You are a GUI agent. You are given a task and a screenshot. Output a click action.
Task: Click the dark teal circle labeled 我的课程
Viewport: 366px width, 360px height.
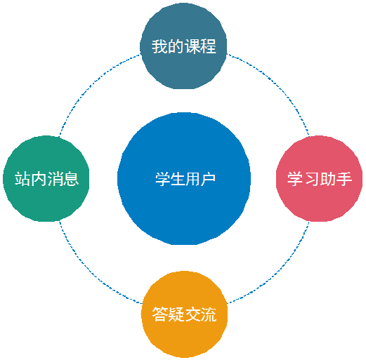pos(183,46)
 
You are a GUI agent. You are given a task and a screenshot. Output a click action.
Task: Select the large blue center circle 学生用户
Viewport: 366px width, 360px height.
pos(184,179)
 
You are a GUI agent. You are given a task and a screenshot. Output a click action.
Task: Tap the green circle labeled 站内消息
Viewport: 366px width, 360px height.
pos(46,179)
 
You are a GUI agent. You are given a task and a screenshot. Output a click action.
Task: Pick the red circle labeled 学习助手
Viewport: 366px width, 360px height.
pos(320,179)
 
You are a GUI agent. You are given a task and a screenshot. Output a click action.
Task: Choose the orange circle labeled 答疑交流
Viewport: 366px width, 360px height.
pos(184,314)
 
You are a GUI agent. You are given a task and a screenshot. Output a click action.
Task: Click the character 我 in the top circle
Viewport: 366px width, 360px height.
pos(159,46)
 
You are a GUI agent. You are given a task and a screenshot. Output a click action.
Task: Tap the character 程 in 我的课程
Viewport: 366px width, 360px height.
pos(208,46)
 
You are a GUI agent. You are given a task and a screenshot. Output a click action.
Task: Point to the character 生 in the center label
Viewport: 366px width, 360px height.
pos(177,179)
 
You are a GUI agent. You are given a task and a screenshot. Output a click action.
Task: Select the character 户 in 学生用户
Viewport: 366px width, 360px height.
pos(208,179)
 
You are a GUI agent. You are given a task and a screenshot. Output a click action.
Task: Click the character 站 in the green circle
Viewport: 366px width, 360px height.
pos(22,179)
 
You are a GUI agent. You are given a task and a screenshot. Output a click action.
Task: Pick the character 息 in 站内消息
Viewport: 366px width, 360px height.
pos(71,179)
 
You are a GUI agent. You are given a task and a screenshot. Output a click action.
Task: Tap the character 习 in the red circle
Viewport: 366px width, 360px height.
pos(311,179)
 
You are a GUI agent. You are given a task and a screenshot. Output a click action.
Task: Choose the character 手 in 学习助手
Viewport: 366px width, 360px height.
pos(344,179)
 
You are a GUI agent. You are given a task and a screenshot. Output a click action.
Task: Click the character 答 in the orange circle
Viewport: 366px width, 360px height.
pos(160,314)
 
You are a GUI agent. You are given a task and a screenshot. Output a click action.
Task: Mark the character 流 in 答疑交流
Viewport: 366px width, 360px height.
pos(209,314)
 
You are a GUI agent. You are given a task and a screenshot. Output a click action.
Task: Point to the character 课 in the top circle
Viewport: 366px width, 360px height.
pos(192,46)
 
